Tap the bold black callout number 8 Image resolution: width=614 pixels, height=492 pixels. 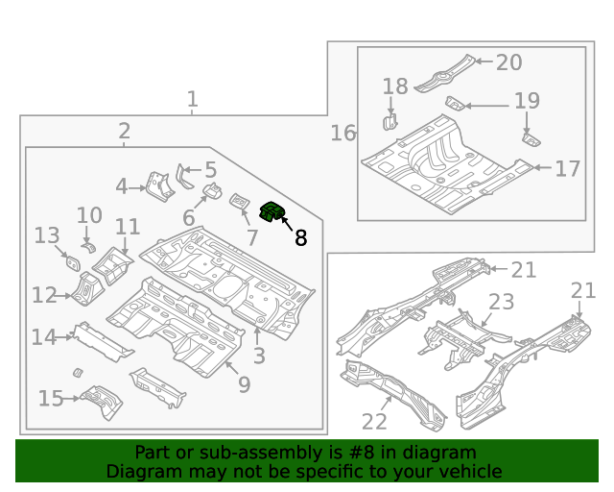click(300, 237)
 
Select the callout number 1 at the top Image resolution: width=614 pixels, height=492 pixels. click(193, 98)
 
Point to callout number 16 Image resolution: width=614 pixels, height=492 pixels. click(342, 133)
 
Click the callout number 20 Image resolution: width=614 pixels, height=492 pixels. click(508, 62)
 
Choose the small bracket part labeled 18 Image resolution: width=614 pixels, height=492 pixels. click(390, 121)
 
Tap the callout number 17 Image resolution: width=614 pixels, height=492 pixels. click(567, 169)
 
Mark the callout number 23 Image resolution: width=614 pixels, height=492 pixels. click(501, 303)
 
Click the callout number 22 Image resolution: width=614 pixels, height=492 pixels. click(374, 421)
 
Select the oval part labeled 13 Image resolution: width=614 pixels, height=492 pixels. click(72, 260)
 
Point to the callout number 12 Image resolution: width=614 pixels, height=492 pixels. click(43, 295)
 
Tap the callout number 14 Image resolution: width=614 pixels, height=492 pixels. click(43, 336)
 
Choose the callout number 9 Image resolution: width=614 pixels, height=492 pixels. click(244, 385)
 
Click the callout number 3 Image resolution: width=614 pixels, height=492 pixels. click(259, 357)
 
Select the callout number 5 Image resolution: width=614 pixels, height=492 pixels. click(210, 170)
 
